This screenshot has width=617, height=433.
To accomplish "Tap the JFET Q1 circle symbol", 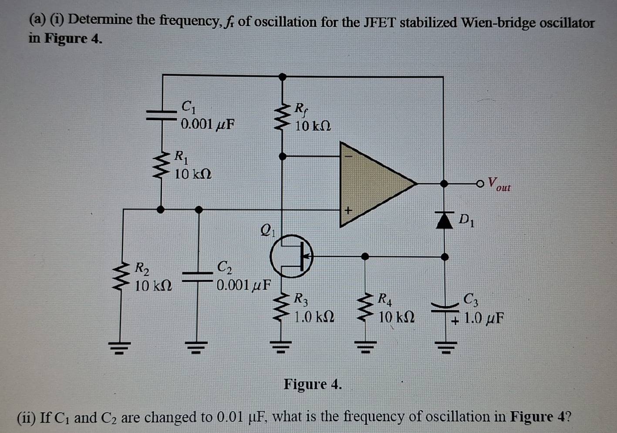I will point(291,256).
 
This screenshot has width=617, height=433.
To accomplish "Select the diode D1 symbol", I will point(444,220).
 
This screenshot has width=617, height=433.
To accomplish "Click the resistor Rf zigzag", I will point(282,117).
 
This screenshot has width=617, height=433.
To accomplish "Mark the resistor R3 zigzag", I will point(282,308).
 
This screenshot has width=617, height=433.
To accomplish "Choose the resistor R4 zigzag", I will point(365,308).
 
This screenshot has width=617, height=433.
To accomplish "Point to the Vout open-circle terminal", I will point(480,184).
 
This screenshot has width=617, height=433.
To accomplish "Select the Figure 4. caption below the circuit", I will point(313,384).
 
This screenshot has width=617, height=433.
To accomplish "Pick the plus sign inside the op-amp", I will point(347,211).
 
